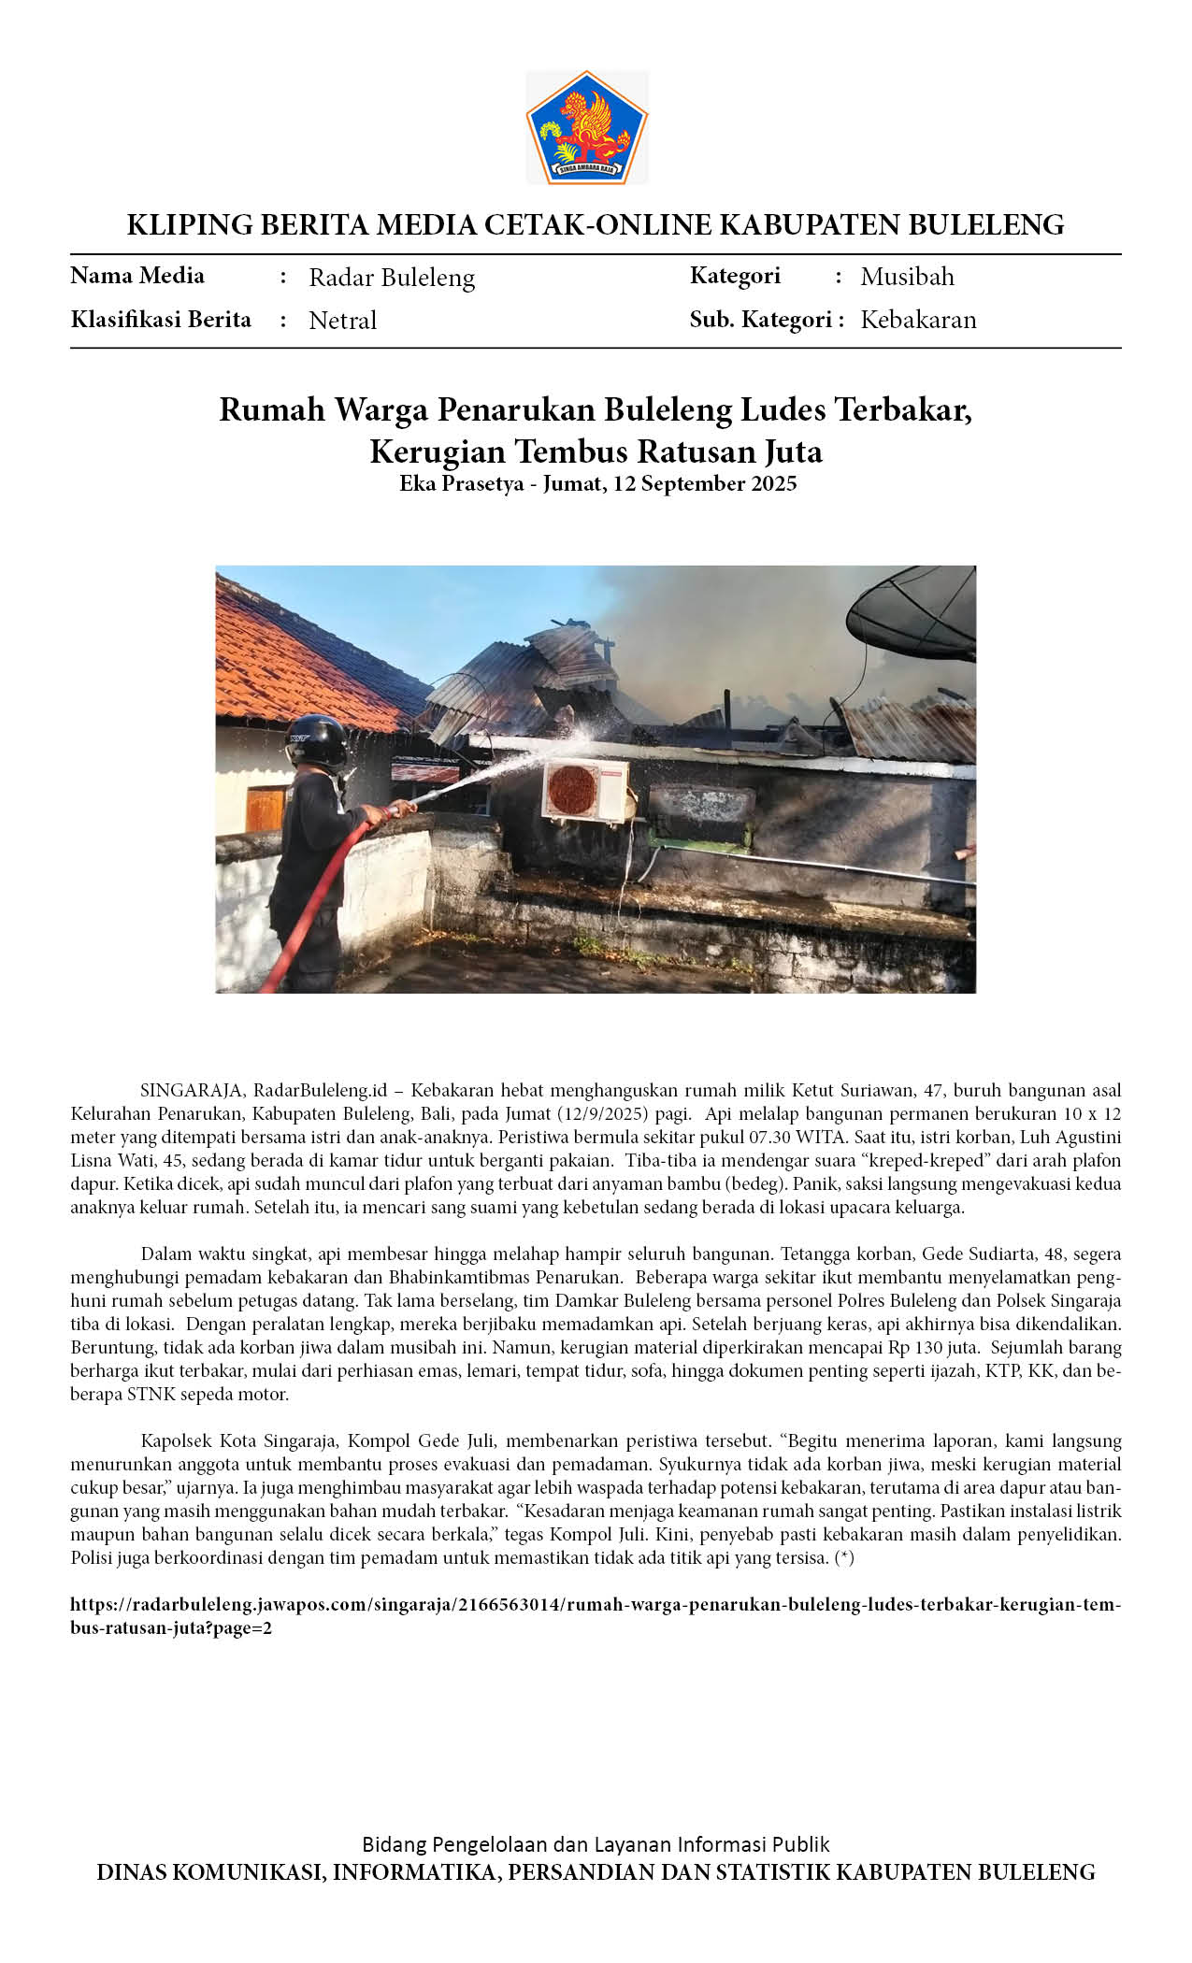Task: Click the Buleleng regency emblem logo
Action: click(x=586, y=127)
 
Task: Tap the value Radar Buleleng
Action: click(x=392, y=278)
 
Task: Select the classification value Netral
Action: click(x=342, y=321)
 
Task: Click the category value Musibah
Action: click(x=907, y=277)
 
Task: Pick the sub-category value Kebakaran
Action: click(x=918, y=320)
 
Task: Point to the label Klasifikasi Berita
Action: click(x=161, y=320)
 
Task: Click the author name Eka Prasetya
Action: click(x=461, y=483)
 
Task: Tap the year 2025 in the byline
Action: click(x=771, y=483)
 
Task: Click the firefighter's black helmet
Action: click(x=316, y=741)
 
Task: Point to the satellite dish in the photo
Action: click(x=912, y=617)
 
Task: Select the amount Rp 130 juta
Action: click(x=940, y=1347)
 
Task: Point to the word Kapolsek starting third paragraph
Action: click(x=176, y=1440)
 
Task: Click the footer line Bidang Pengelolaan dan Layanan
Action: click(x=596, y=1844)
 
